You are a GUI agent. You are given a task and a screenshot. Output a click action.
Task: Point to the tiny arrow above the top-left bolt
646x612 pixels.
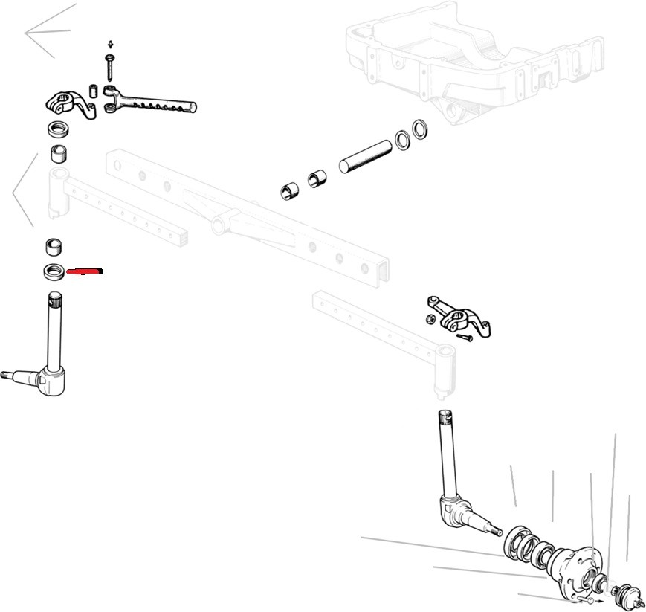[110, 44]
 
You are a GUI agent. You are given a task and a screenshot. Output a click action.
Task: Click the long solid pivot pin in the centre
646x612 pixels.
[365, 153]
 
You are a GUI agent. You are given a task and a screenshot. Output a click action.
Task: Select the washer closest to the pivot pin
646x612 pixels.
[404, 139]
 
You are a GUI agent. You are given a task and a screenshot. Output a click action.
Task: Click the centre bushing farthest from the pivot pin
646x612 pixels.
[288, 190]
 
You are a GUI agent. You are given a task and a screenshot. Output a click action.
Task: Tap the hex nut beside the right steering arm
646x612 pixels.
[430, 320]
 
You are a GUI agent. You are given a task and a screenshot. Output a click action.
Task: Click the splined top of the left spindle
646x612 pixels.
[54, 302]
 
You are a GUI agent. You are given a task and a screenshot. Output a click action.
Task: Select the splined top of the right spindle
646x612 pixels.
[444, 421]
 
